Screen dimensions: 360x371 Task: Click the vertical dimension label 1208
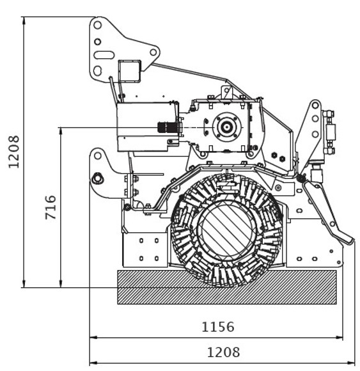[13, 152]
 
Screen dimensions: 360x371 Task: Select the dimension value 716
[51, 207]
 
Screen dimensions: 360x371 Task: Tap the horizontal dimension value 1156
[218, 327]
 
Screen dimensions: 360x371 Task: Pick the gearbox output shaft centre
[227, 127]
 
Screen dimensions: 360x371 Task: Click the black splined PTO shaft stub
[168, 128]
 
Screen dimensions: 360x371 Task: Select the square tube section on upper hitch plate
[129, 71]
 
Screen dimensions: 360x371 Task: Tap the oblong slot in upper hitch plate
[104, 55]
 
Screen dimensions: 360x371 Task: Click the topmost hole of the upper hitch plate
[97, 25]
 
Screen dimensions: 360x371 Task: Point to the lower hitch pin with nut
[97, 178]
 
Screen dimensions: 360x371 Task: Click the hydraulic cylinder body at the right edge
[330, 132]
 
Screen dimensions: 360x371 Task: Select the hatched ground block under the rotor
[227, 287]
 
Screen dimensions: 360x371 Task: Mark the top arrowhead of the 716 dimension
[61, 130]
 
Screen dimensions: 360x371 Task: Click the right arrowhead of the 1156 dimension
[340, 337]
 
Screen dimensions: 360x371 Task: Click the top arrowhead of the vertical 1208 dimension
[24, 20]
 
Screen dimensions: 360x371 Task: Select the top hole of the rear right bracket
[315, 106]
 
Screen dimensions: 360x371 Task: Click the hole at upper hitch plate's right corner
[153, 52]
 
